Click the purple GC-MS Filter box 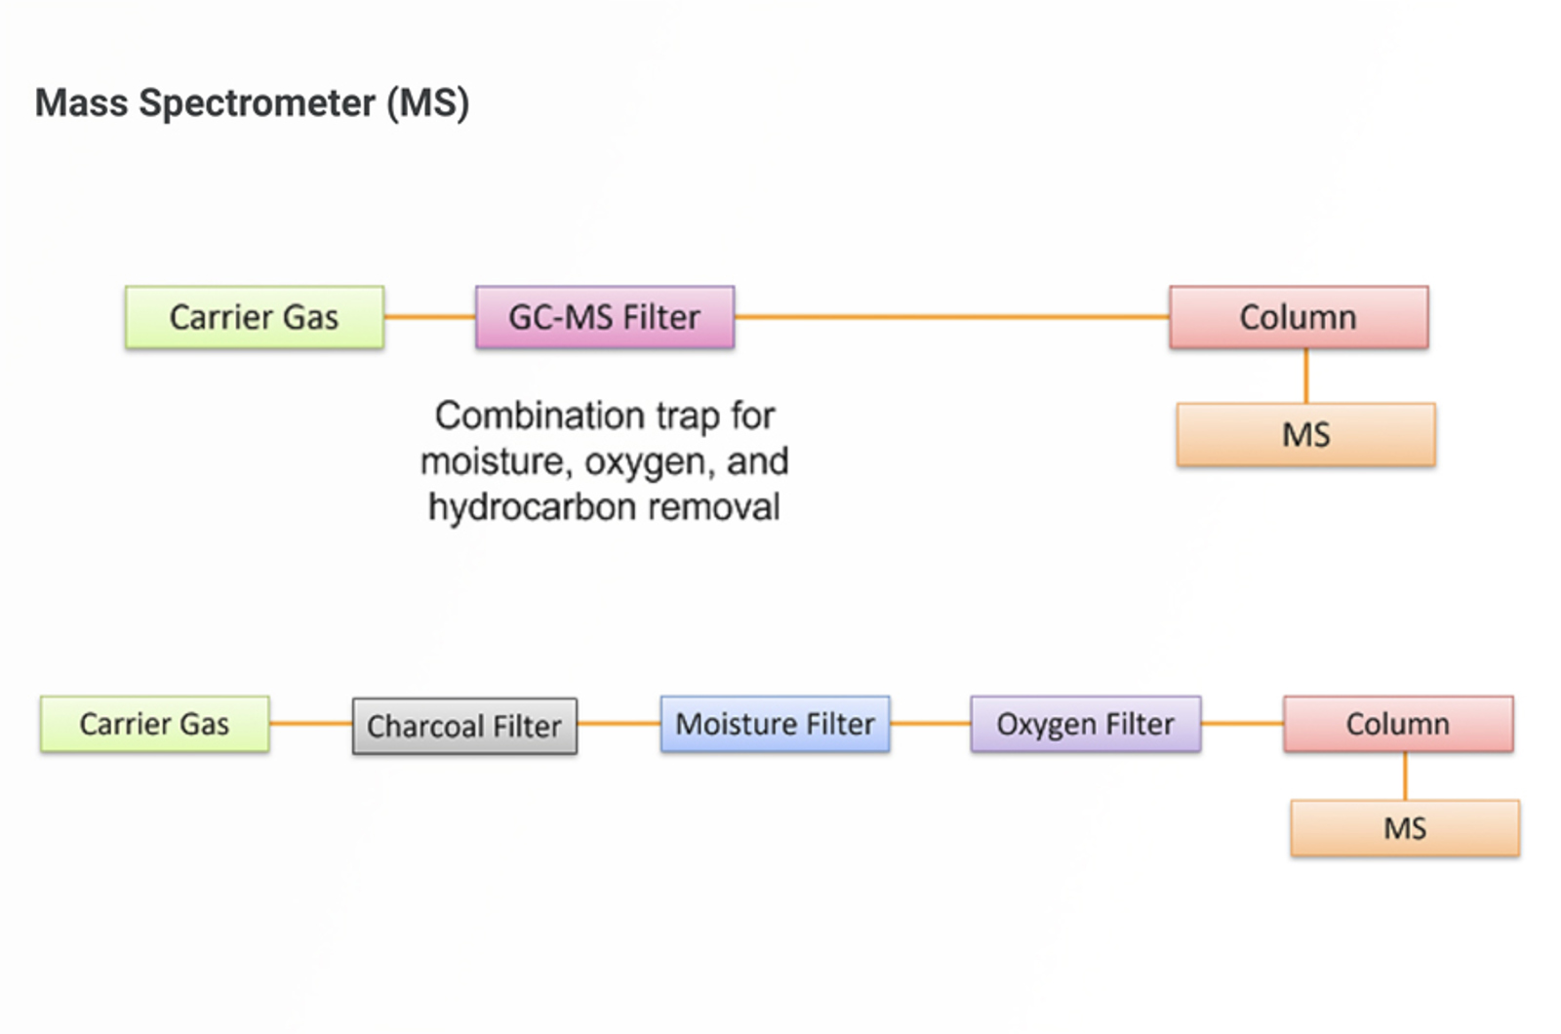click(x=605, y=317)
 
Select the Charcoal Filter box click(x=464, y=726)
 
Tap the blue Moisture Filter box click(x=775, y=724)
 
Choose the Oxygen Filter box click(x=1085, y=724)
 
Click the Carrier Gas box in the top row click(x=255, y=317)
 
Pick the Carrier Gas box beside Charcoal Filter click(x=154, y=724)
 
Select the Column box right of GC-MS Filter click(x=1299, y=317)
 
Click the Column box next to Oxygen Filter click(x=1398, y=724)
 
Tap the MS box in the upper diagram click(x=1305, y=434)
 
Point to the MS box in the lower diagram click(x=1405, y=828)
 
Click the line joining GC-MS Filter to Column click(x=951, y=317)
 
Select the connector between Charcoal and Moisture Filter click(x=619, y=724)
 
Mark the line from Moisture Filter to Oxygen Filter click(x=930, y=724)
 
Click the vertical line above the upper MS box click(x=1306, y=376)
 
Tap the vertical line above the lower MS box click(x=1405, y=775)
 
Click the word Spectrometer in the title click(x=257, y=103)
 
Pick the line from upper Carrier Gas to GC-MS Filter click(x=429, y=317)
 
